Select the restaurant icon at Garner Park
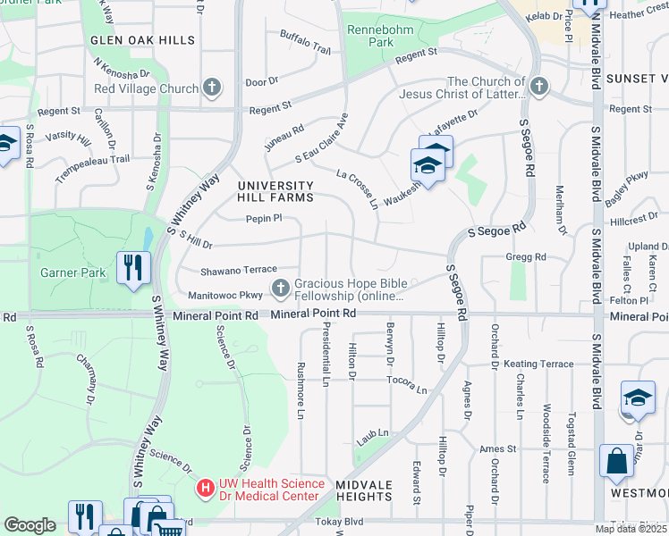click(x=133, y=266)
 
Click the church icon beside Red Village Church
click(x=211, y=88)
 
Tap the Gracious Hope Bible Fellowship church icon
click(x=281, y=287)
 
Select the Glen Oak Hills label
click(x=142, y=40)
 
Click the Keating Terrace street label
click(x=538, y=364)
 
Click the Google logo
click(x=30, y=525)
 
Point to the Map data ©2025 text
click(x=631, y=529)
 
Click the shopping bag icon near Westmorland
click(x=617, y=462)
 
